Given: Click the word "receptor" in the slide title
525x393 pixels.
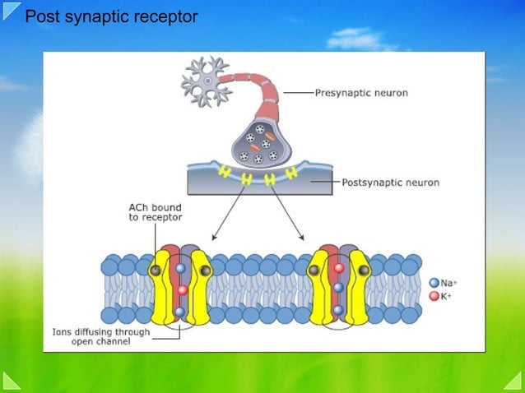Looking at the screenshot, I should point(167,16).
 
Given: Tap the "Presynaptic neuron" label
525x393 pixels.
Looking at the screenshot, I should point(361,93).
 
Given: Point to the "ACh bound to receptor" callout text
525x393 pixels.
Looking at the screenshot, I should point(156,212).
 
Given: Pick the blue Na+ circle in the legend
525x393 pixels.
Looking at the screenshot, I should point(434,282).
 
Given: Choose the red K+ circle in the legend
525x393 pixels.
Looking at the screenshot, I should point(434,294).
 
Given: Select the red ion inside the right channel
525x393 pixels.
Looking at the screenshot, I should point(337,268).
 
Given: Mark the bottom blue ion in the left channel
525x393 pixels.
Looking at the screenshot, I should point(180,312).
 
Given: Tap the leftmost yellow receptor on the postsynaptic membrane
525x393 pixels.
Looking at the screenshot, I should point(223,173).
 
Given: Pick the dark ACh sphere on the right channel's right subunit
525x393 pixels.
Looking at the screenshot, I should point(363,269).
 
